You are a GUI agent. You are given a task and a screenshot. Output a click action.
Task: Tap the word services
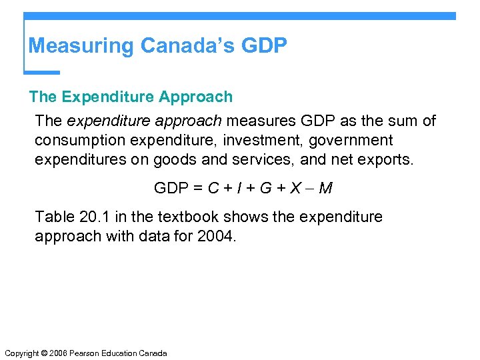click(x=259, y=160)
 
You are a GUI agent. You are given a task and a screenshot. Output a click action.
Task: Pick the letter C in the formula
click(x=213, y=189)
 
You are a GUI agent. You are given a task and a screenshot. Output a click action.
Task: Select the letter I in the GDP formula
click(x=237, y=189)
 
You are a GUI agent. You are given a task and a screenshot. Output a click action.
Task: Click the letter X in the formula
click(x=295, y=189)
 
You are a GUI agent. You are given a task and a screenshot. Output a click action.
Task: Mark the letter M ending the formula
click(x=325, y=189)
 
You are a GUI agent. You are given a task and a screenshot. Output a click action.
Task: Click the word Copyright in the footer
click(x=20, y=353)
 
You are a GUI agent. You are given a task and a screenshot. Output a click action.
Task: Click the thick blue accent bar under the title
click(x=42, y=72)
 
